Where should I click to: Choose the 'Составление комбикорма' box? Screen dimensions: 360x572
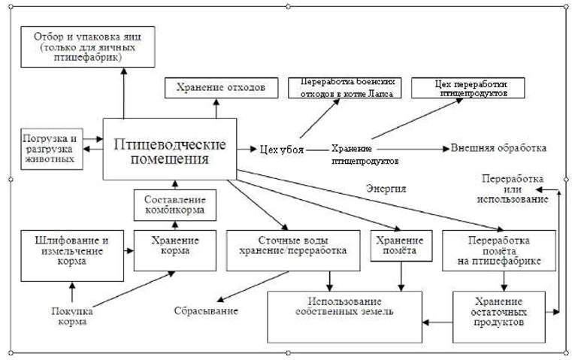tap(174, 205)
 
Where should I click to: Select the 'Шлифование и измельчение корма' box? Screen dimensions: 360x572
tap(71, 250)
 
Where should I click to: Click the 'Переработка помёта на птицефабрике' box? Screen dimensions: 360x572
tap(498, 250)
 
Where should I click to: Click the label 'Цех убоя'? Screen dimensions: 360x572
tap(282, 150)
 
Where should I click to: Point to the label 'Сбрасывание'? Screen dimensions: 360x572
tap(207, 310)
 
